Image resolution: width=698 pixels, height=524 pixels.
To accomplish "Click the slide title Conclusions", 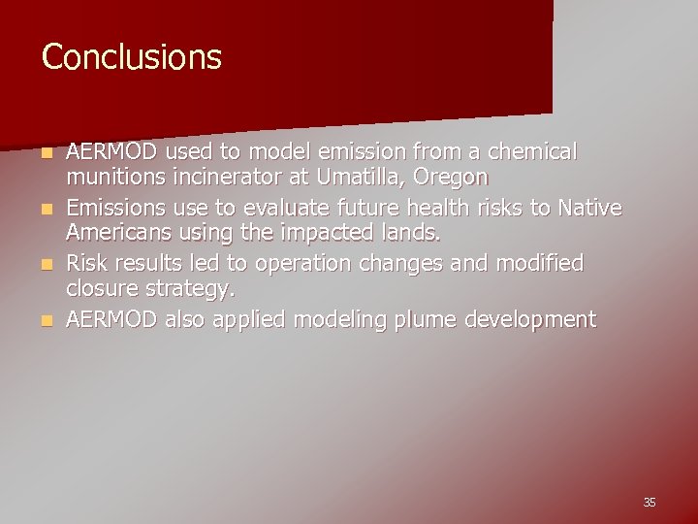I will click(132, 57).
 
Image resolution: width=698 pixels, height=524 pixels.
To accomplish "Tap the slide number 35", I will click(649, 502).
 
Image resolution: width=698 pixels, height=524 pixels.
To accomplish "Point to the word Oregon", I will click(455, 179).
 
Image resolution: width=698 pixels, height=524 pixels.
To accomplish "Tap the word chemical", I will click(532, 152).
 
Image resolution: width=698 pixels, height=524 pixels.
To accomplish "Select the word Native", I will click(590, 209).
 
